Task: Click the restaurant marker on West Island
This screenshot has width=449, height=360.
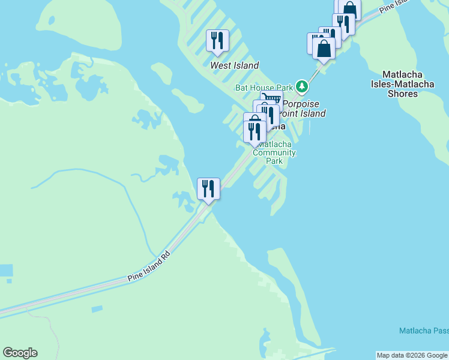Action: (217, 41)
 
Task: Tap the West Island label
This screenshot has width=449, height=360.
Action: (234, 65)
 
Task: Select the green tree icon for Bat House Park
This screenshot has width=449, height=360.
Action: (303, 88)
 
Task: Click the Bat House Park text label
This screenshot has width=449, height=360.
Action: (264, 88)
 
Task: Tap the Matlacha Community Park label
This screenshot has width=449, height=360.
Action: (274, 152)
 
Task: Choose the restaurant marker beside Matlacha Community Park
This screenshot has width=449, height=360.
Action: (255, 131)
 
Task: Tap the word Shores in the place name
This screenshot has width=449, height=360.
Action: (403, 94)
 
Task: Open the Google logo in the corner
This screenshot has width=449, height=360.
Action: (20, 353)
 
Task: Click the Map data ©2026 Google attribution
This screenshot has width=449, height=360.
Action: (412, 355)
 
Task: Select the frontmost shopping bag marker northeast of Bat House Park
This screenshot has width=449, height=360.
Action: (324, 48)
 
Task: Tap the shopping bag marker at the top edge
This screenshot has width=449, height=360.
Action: (349, 8)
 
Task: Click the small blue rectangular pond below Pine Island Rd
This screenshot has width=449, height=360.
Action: (97, 309)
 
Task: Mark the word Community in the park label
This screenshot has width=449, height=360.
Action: (274, 152)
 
